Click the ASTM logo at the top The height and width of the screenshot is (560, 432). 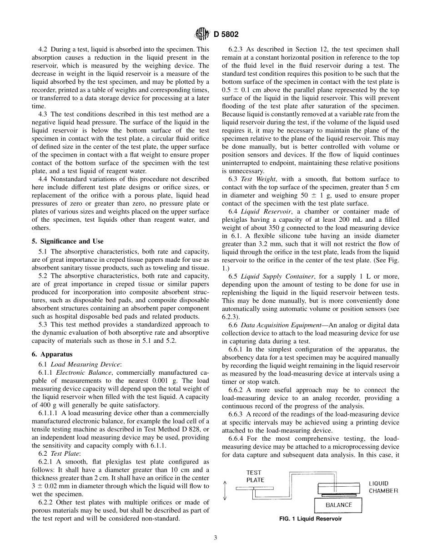pyautogui.click(x=201, y=33)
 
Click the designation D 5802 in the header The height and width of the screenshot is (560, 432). pyautogui.click(x=223, y=34)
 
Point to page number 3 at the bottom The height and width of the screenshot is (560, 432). pyautogui.click(x=216, y=538)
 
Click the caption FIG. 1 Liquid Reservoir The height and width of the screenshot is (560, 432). pyautogui.click(x=311, y=519)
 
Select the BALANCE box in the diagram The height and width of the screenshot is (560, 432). pyautogui.click(x=338, y=504)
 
